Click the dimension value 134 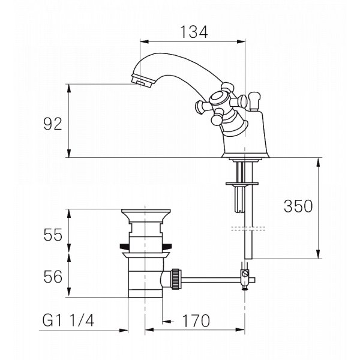click(194, 32)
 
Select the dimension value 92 click(53, 124)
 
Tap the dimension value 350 click(298, 206)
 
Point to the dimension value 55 click(53, 235)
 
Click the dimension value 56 click(53, 277)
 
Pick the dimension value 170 click(196, 320)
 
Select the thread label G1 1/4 click(68, 320)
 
